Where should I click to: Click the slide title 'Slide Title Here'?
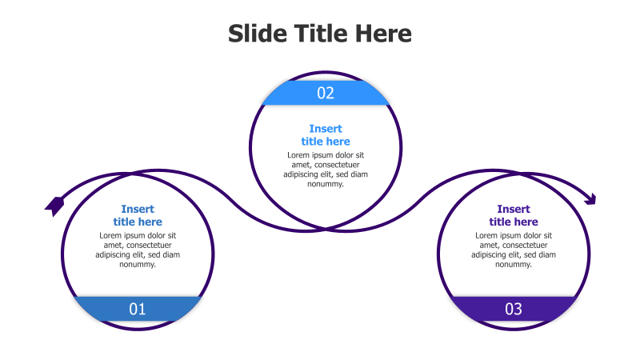(320, 34)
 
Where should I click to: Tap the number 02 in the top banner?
(326, 93)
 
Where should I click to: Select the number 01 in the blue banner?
(138, 309)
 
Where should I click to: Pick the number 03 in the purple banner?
(514, 309)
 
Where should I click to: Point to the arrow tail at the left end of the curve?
(54, 205)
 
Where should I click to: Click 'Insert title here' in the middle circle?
(326, 135)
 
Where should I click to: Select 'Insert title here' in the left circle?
(138, 215)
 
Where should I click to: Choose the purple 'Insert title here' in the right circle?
(514, 215)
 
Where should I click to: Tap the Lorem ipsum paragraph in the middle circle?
(326, 169)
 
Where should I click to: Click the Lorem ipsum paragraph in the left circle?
(138, 250)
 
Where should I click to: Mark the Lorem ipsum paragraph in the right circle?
(514, 250)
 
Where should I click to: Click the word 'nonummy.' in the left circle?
(138, 264)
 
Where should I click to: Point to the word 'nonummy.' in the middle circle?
(326, 184)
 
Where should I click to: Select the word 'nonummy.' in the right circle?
(514, 264)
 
